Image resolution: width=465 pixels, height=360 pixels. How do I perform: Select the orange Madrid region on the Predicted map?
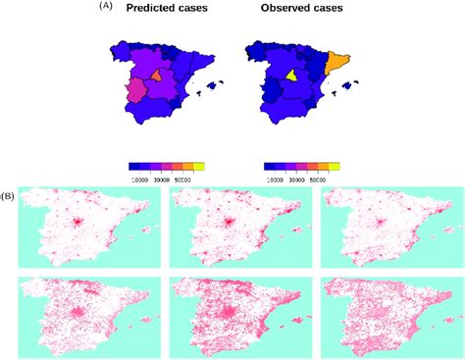[x=158, y=76]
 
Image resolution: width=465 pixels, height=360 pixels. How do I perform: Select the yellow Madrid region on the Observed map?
[x=291, y=76]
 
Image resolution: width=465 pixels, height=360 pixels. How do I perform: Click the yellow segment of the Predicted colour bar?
[x=199, y=168]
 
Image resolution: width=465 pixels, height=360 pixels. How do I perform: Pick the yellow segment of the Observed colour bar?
[x=335, y=168]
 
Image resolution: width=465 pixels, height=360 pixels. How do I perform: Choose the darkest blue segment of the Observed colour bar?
[x=272, y=168]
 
